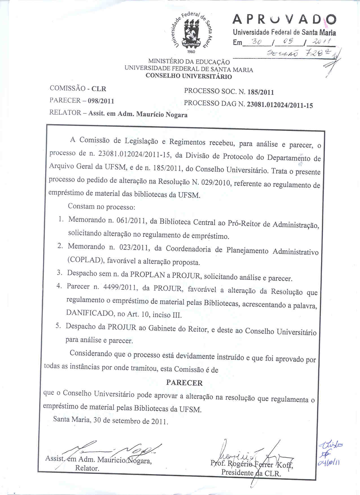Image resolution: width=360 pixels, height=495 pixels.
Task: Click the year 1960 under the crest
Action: pyautogui.click(x=191, y=52)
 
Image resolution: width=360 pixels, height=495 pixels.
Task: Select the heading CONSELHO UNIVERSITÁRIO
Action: pyautogui.click(x=189, y=76)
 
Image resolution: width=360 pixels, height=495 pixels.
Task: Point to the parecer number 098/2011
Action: pyautogui.click(x=101, y=101)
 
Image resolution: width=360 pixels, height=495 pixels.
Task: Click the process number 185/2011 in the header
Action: pyautogui.click(x=260, y=92)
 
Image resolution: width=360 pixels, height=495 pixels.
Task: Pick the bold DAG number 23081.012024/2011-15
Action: pyautogui.click(x=280, y=105)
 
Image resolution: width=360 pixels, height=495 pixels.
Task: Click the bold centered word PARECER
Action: pyautogui.click(x=184, y=383)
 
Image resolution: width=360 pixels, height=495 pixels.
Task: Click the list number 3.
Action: pyautogui.click(x=59, y=273)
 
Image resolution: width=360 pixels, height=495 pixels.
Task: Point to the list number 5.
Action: pyautogui.click(x=58, y=326)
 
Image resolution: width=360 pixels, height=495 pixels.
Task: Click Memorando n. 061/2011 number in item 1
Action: pyautogui.click(x=131, y=220)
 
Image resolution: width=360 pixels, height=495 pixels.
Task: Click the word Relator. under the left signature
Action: pyautogui.click(x=87, y=468)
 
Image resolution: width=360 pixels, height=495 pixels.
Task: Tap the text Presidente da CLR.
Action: pyautogui.click(x=251, y=473)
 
